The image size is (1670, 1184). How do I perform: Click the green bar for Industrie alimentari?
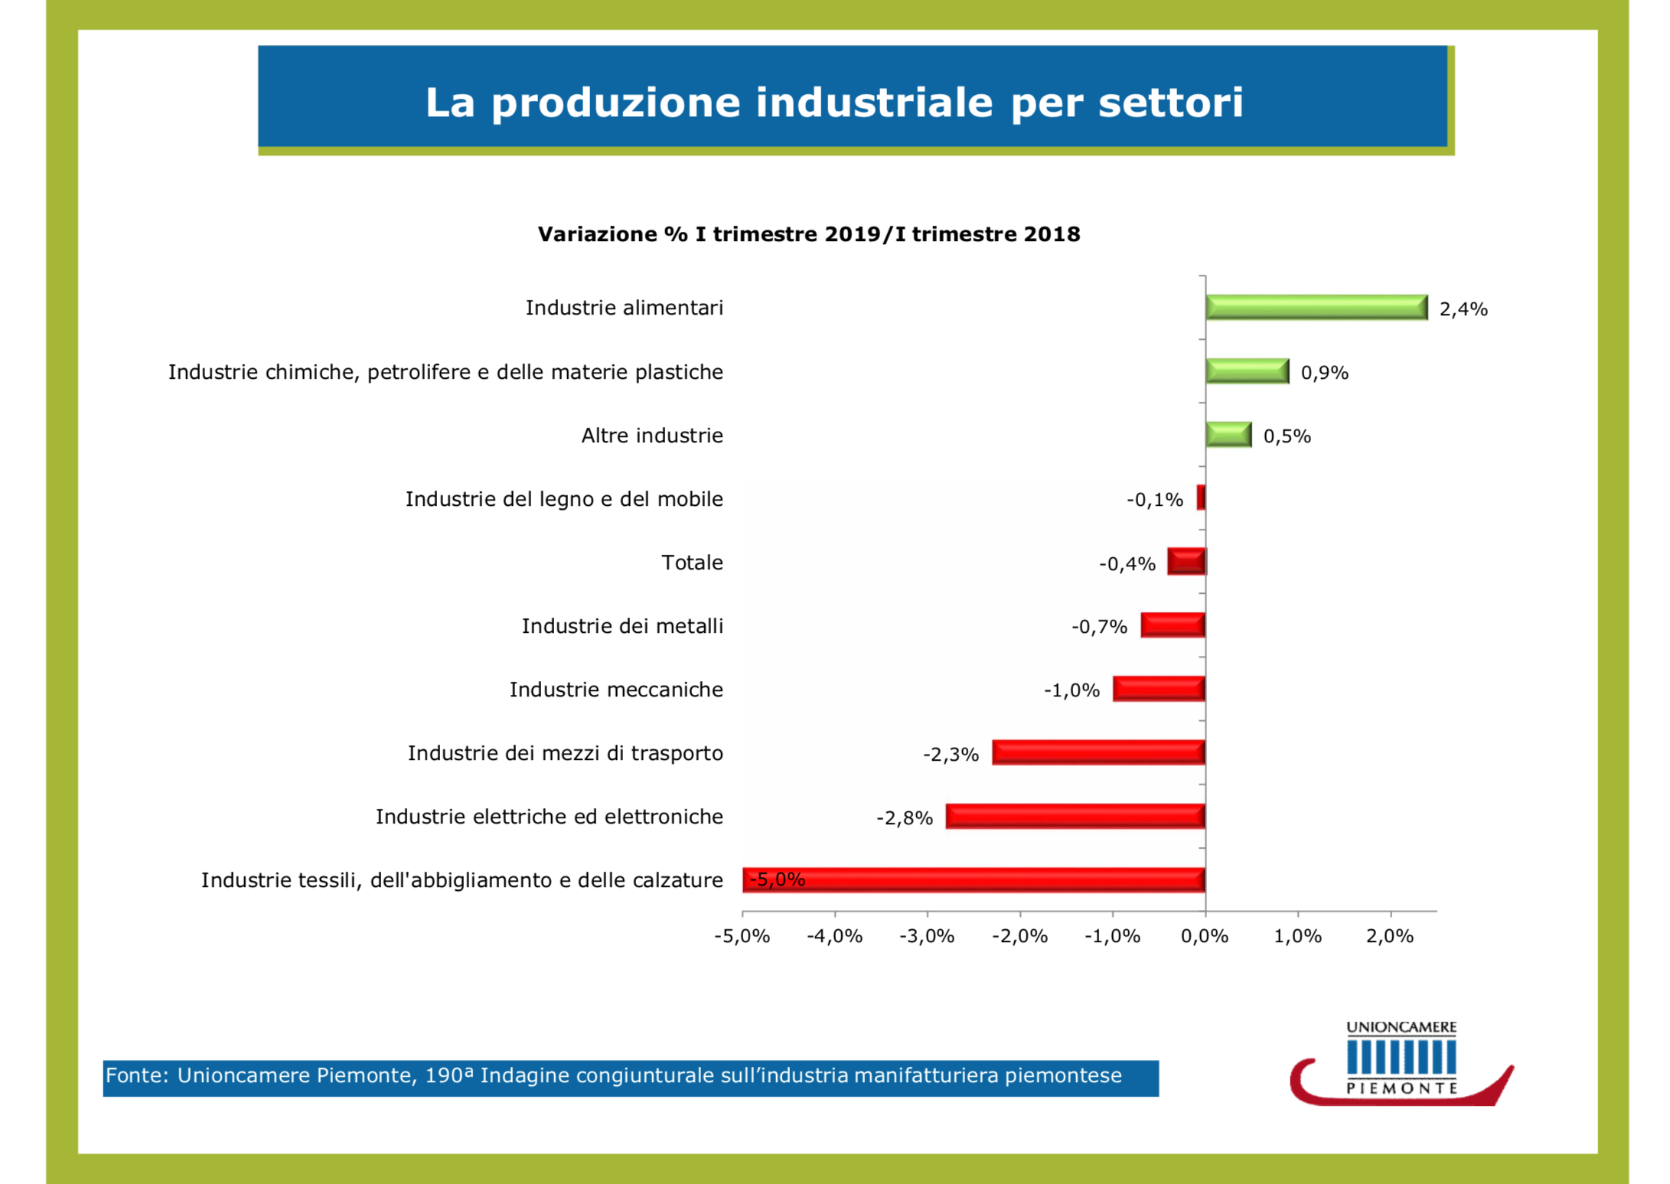pos(1316,308)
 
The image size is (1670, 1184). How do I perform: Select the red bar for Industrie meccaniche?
pos(1159,689)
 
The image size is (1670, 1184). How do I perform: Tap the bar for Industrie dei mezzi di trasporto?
pos(1098,753)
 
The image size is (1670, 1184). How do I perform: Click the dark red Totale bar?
pos(1186,562)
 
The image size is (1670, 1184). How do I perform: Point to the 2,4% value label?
pos(1463,309)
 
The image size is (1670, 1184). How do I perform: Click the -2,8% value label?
pos(905,818)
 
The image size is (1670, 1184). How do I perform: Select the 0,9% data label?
pos(1325,373)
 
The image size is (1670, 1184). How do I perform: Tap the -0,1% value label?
pos(1154,500)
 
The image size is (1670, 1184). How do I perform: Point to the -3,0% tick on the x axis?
pos(927,936)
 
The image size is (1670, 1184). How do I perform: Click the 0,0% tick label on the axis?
pos(1205,936)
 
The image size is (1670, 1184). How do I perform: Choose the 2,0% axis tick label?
pos(1390,936)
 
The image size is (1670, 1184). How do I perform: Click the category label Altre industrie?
pos(652,435)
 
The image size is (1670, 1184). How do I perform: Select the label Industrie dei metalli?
pos(622,626)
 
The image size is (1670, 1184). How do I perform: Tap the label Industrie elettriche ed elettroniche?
pos(549,817)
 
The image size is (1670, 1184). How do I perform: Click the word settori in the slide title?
pos(1171,103)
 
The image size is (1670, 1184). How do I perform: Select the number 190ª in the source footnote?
pos(449,1075)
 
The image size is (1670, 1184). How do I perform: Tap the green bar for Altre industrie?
pos(1228,435)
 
